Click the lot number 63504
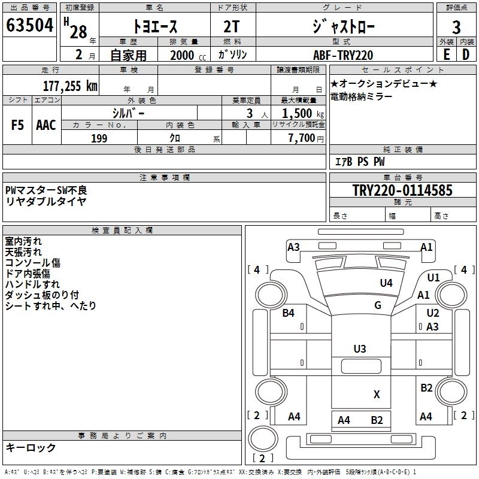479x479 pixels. tap(29, 26)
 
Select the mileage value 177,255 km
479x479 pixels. tap(70, 86)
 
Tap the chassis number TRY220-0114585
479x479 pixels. tap(402, 191)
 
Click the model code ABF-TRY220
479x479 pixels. tap(343, 55)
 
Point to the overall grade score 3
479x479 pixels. tap(456, 27)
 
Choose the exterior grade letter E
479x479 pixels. tap(446, 54)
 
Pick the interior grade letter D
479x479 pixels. tap(466, 54)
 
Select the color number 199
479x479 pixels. tap(99, 138)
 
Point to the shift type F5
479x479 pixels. tap(17, 125)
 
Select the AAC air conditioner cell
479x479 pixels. tap(46, 125)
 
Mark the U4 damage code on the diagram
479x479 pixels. tap(386, 283)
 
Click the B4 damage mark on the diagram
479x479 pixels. tap(289, 313)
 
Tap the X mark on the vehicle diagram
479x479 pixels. tap(377, 394)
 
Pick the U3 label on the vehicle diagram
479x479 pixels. tap(359, 349)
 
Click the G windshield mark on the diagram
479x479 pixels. tap(378, 305)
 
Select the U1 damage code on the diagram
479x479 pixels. tap(433, 277)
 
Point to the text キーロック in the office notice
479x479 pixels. tap(31, 447)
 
